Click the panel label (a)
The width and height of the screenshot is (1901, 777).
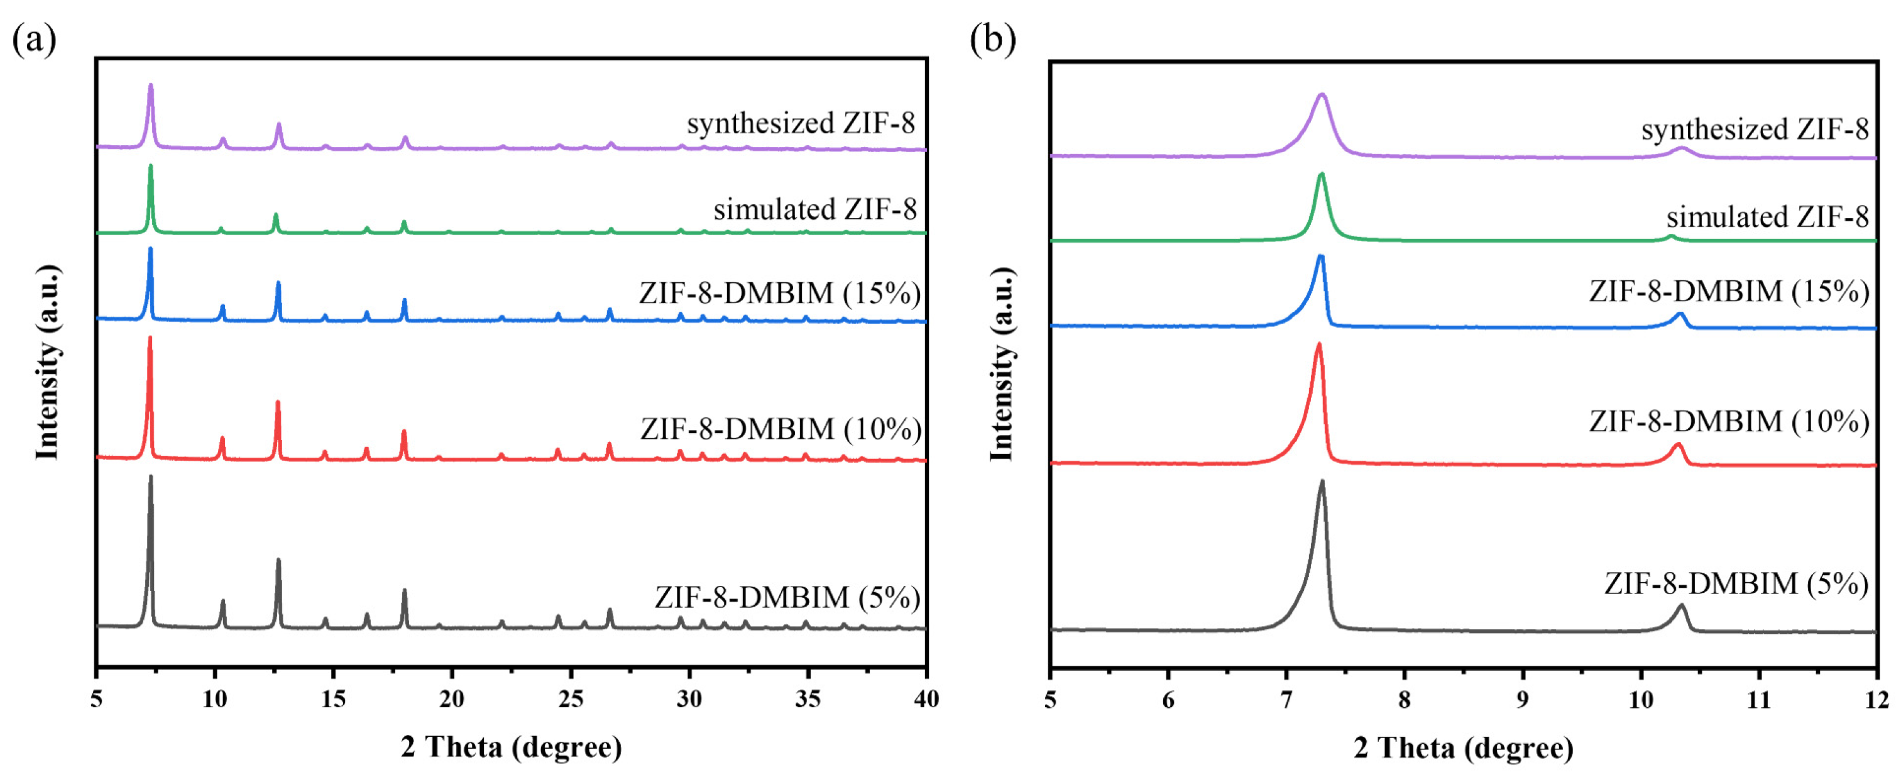(x=34, y=39)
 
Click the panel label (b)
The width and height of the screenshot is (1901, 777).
(x=992, y=39)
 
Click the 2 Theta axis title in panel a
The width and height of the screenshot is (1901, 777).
(x=512, y=747)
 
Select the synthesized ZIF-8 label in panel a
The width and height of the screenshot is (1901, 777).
(x=801, y=123)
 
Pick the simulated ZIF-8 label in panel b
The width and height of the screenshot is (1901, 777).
(x=1767, y=217)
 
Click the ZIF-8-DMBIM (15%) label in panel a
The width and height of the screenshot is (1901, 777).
(x=780, y=293)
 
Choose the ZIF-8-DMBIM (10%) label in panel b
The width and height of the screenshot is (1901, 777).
(x=1729, y=421)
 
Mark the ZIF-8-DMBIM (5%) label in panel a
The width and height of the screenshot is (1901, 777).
(x=787, y=597)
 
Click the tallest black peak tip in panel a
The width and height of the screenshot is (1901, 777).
(x=151, y=477)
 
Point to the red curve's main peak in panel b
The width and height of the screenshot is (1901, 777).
(x=1318, y=344)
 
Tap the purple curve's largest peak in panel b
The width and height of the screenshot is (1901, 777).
(x=1322, y=95)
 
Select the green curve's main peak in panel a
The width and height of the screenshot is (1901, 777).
(x=151, y=166)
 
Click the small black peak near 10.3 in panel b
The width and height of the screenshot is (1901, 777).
(x=1682, y=607)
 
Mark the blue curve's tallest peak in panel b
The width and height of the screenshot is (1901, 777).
(x=1321, y=256)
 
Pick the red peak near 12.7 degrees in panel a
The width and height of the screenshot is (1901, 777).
(x=278, y=403)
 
